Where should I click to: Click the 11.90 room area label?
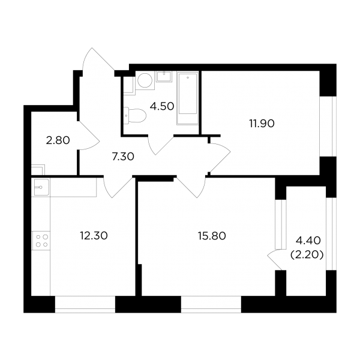click(262, 124)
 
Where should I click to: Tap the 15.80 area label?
click(212, 236)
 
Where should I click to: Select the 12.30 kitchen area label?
click(94, 236)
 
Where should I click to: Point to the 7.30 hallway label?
click(123, 157)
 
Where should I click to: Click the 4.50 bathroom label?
click(162, 107)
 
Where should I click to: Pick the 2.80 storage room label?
click(58, 140)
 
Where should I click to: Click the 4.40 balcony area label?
click(308, 241)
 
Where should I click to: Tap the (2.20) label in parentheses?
click(307, 254)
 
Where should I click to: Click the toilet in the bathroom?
click(135, 115)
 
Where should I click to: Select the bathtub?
click(188, 98)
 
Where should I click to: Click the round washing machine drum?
click(145, 80)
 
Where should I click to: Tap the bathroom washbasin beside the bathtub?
click(164, 76)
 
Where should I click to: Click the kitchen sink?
click(41, 187)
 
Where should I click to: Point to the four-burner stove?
click(41, 241)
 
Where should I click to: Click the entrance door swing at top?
click(99, 59)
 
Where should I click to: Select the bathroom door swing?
click(161, 145)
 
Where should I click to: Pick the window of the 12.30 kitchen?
click(85, 304)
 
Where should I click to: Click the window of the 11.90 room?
click(328, 127)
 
